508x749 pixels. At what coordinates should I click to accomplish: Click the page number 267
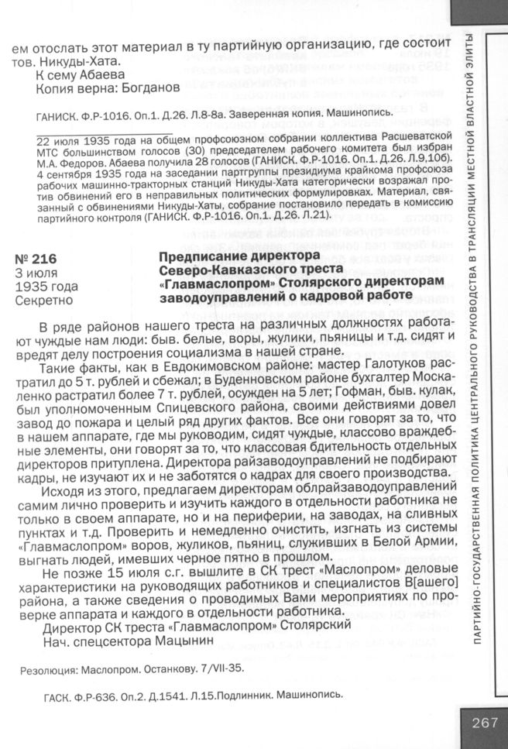pyautogui.click(x=483, y=723)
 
